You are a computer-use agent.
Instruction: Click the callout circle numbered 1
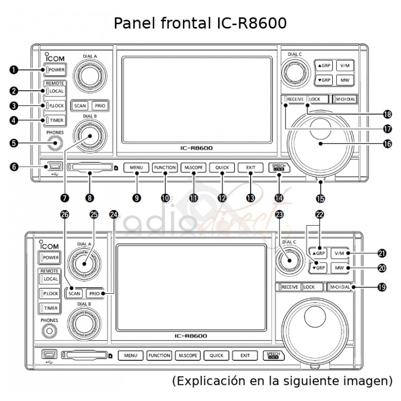pos(15,70)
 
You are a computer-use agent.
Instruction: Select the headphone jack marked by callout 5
pos(55,143)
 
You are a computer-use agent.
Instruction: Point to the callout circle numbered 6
pos(15,166)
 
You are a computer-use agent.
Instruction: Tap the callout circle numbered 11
pos(193,197)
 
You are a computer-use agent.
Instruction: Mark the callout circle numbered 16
pos(387,143)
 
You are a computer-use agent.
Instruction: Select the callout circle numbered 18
pos(387,114)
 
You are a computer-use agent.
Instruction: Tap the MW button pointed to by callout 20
pos(339,268)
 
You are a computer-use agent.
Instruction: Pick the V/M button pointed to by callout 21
pos(339,254)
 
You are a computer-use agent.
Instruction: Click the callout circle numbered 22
pos(319,214)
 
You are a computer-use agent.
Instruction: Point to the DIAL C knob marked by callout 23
pos(288,261)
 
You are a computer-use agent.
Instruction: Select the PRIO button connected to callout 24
pos(94,294)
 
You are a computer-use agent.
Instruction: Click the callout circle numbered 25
pos(93,214)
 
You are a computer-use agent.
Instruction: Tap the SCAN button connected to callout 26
pos(75,294)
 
